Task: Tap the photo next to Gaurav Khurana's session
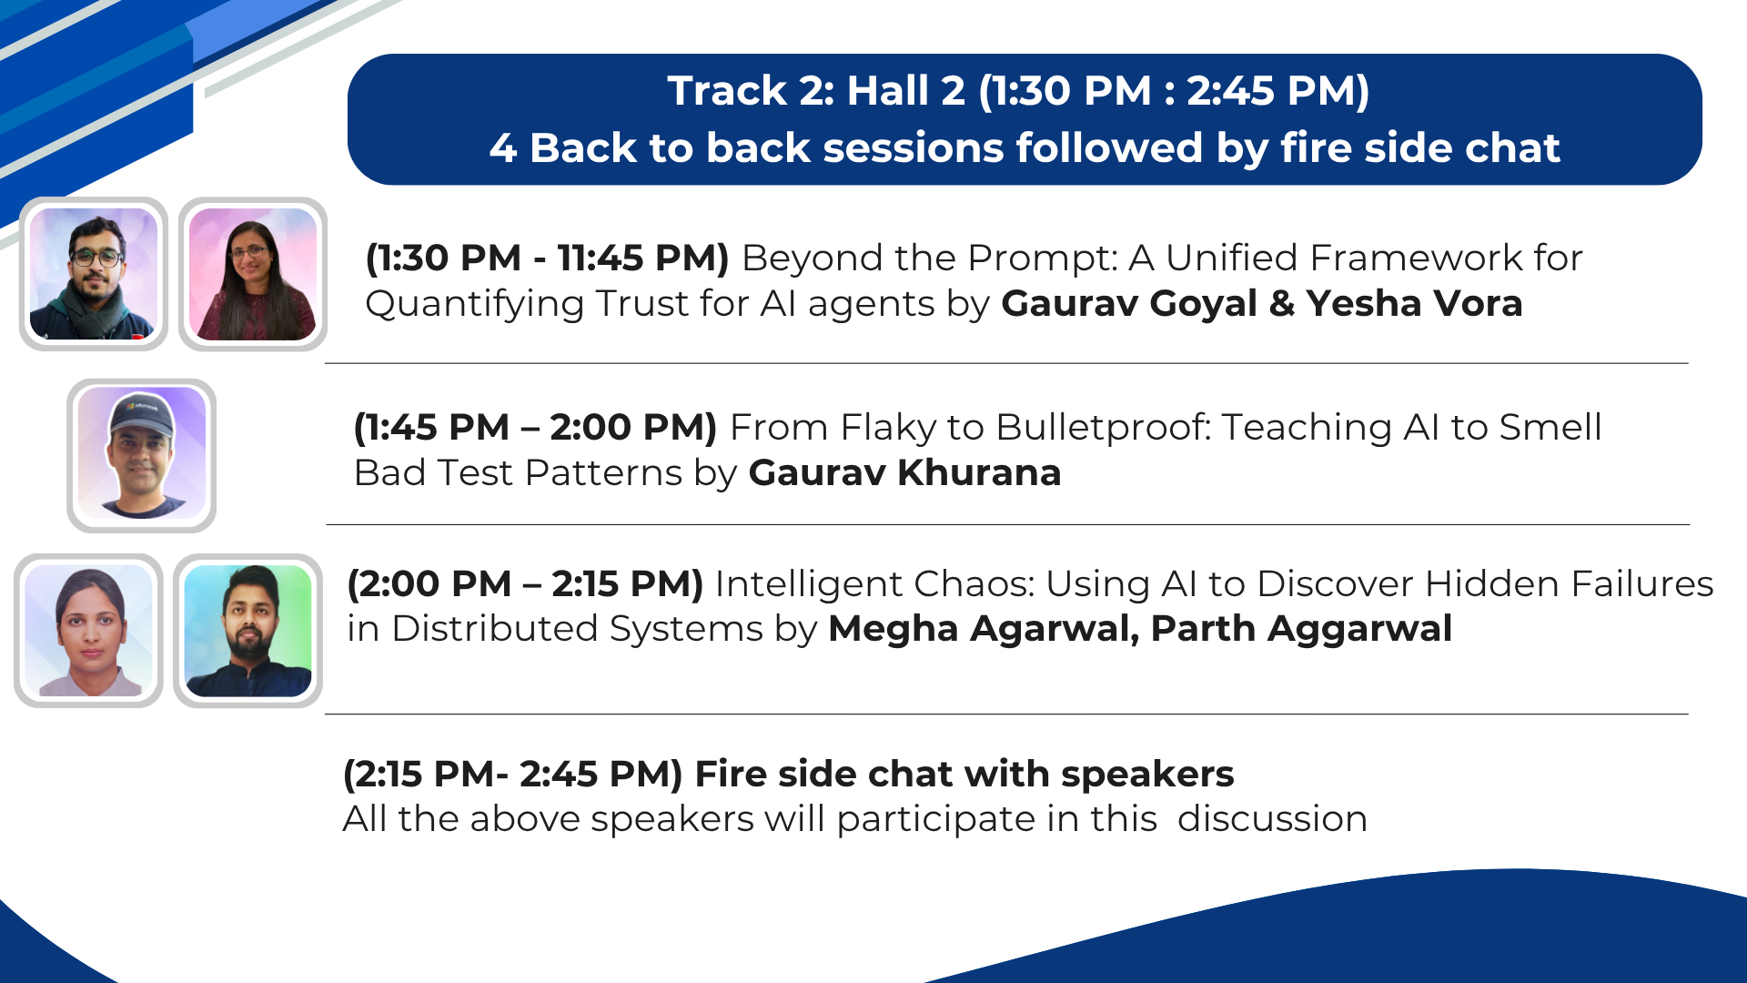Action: tap(141, 455)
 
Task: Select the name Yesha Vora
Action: tap(1414, 303)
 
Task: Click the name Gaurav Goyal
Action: tap(1129, 303)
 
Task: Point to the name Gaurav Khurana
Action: tap(904, 472)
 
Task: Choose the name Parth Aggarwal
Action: tap(1301, 629)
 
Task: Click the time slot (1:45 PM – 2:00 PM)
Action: tap(535, 427)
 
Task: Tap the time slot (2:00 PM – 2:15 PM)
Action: tap(525, 583)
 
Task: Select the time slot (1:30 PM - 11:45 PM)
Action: tap(547, 258)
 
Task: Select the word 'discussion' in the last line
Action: tap(1272, 818)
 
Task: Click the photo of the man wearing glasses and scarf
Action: tap(94, 274)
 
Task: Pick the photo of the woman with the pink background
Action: tap(253, 274)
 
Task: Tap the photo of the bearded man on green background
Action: tap(247, 631)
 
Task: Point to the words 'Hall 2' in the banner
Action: tap(906, 91)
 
